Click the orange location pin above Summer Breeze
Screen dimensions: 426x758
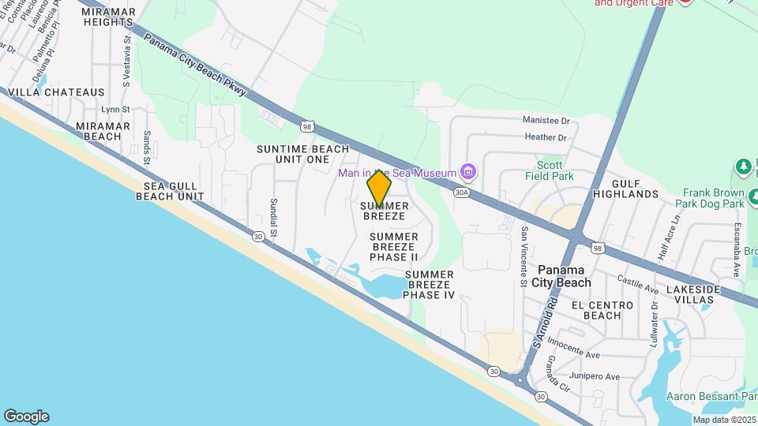point(379,187)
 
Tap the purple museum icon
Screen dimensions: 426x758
point(468,172)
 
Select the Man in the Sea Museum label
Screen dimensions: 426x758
point(397,173)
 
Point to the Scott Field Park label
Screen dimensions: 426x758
point(550,170)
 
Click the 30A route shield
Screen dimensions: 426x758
point(462,192)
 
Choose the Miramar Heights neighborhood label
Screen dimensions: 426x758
point(108,17)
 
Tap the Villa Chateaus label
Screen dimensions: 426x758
point(56,92)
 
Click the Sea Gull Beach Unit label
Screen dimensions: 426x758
point(170,191)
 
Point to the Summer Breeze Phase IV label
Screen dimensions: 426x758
point(430,284)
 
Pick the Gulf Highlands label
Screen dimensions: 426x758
point(625,188)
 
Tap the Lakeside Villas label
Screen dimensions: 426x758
point(693,295)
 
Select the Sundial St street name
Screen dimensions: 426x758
point(274,217)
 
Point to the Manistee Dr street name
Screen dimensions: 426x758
point(546,121)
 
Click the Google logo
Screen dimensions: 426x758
point(26,417)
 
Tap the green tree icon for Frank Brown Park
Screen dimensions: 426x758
point(743,166)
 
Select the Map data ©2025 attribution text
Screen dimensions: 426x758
point(722,420)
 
